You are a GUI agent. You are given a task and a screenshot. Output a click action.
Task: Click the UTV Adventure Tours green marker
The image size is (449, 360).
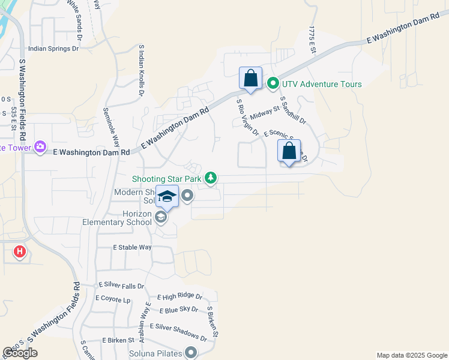tap(273, 84)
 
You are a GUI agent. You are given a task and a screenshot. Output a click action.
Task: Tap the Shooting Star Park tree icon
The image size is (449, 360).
tap(210, 178)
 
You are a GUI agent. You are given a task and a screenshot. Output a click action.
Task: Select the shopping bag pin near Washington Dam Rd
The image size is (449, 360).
tap(250, 79)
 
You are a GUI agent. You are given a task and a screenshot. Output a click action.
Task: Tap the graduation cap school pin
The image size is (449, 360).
tap(167, 197)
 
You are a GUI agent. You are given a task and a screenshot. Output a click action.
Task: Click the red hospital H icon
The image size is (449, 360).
tap(20, 251)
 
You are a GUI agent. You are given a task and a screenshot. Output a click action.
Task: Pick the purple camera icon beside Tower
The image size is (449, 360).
tap(40, 147)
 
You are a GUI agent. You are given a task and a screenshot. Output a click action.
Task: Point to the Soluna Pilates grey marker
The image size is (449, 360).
tap(191, 353)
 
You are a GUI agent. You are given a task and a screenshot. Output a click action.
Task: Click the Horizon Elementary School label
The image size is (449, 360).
tap(118, 218)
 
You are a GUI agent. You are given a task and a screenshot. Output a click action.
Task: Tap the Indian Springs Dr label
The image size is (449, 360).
tap(53, 49)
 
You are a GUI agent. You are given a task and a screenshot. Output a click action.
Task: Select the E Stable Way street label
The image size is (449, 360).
tap(132, 247)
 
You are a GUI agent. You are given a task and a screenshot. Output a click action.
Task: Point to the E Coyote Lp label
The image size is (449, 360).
tap(112, 298)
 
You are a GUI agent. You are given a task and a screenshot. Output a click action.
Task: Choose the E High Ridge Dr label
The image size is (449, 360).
tap(179, 296)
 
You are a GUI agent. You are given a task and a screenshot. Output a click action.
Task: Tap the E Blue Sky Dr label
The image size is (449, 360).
tap(179, 309)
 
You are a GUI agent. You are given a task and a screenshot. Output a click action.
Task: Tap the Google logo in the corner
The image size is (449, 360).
tap(20, 353)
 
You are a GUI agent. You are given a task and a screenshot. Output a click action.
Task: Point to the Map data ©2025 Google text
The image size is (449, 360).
tap(412, 355)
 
